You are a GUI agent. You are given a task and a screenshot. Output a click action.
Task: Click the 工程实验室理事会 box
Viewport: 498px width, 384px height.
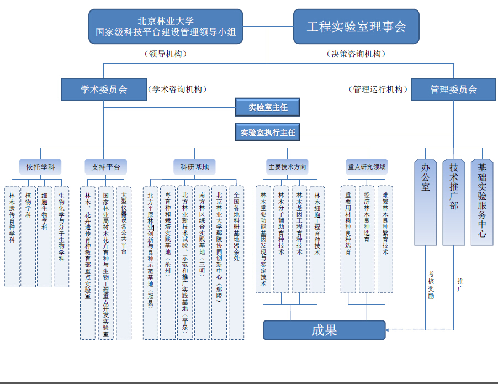[x=356, y=26]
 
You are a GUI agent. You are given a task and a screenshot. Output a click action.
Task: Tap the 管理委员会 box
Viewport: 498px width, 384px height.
[x=453, y=90]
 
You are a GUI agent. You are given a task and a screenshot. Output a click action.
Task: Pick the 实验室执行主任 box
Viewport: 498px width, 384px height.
[x=268, y=133]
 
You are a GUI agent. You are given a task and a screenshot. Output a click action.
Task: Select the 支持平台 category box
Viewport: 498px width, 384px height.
[x=106, y=166]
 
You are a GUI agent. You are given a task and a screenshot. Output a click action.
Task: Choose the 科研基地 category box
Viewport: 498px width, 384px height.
[x=194, y=166]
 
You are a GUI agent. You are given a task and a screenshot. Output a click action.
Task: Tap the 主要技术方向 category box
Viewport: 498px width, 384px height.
[x=287, y=166]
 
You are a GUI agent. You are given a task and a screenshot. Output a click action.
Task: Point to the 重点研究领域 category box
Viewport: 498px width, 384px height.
[x=367, y=166]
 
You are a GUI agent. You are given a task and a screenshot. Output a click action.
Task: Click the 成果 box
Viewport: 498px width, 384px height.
[x=324, y=330]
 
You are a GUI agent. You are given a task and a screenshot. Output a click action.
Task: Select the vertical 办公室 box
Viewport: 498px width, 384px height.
[x=426, y=202]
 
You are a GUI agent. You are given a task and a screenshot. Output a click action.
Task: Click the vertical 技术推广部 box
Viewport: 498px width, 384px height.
[x=454, y=202]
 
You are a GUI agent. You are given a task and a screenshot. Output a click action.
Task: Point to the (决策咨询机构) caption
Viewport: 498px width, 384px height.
[x=356, y=54]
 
